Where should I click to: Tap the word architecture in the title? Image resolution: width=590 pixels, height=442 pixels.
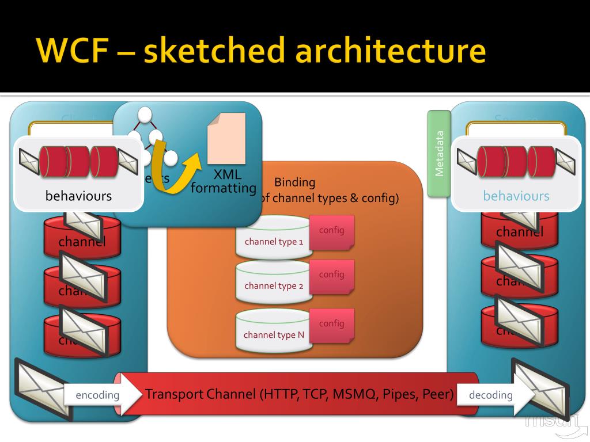390,50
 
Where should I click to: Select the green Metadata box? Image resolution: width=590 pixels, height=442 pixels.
438,153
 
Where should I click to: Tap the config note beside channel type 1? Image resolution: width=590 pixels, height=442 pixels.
332,231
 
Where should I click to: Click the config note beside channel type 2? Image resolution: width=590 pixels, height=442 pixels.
332,275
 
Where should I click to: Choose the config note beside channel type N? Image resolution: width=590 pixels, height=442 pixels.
332,324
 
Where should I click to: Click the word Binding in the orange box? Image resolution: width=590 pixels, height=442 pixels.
294,182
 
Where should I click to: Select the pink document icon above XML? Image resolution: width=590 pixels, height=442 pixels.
226,138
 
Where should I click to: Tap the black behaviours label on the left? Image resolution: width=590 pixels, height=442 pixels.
78,196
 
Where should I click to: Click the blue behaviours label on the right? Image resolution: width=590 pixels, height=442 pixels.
516,196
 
